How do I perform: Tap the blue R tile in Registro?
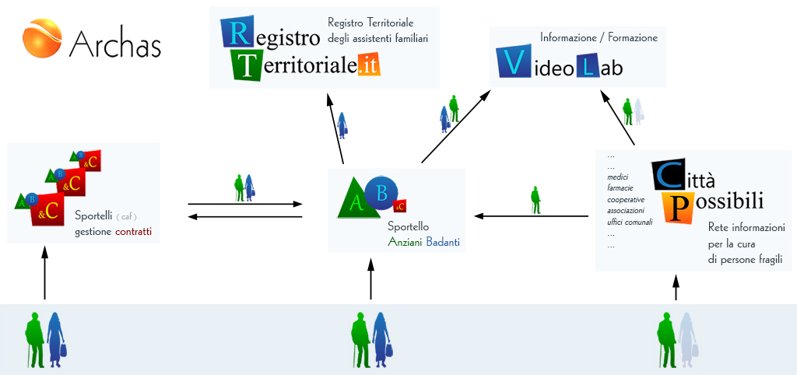(237, 34)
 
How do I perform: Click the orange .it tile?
(369, 65)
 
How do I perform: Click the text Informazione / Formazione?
(599, 37)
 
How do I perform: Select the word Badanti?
(443, 243)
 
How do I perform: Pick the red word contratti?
(134, 232)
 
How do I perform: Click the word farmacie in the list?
(620, 188)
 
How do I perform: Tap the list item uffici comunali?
(630, 223)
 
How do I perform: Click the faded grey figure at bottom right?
(686, 340)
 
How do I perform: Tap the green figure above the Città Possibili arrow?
(535, 199)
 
